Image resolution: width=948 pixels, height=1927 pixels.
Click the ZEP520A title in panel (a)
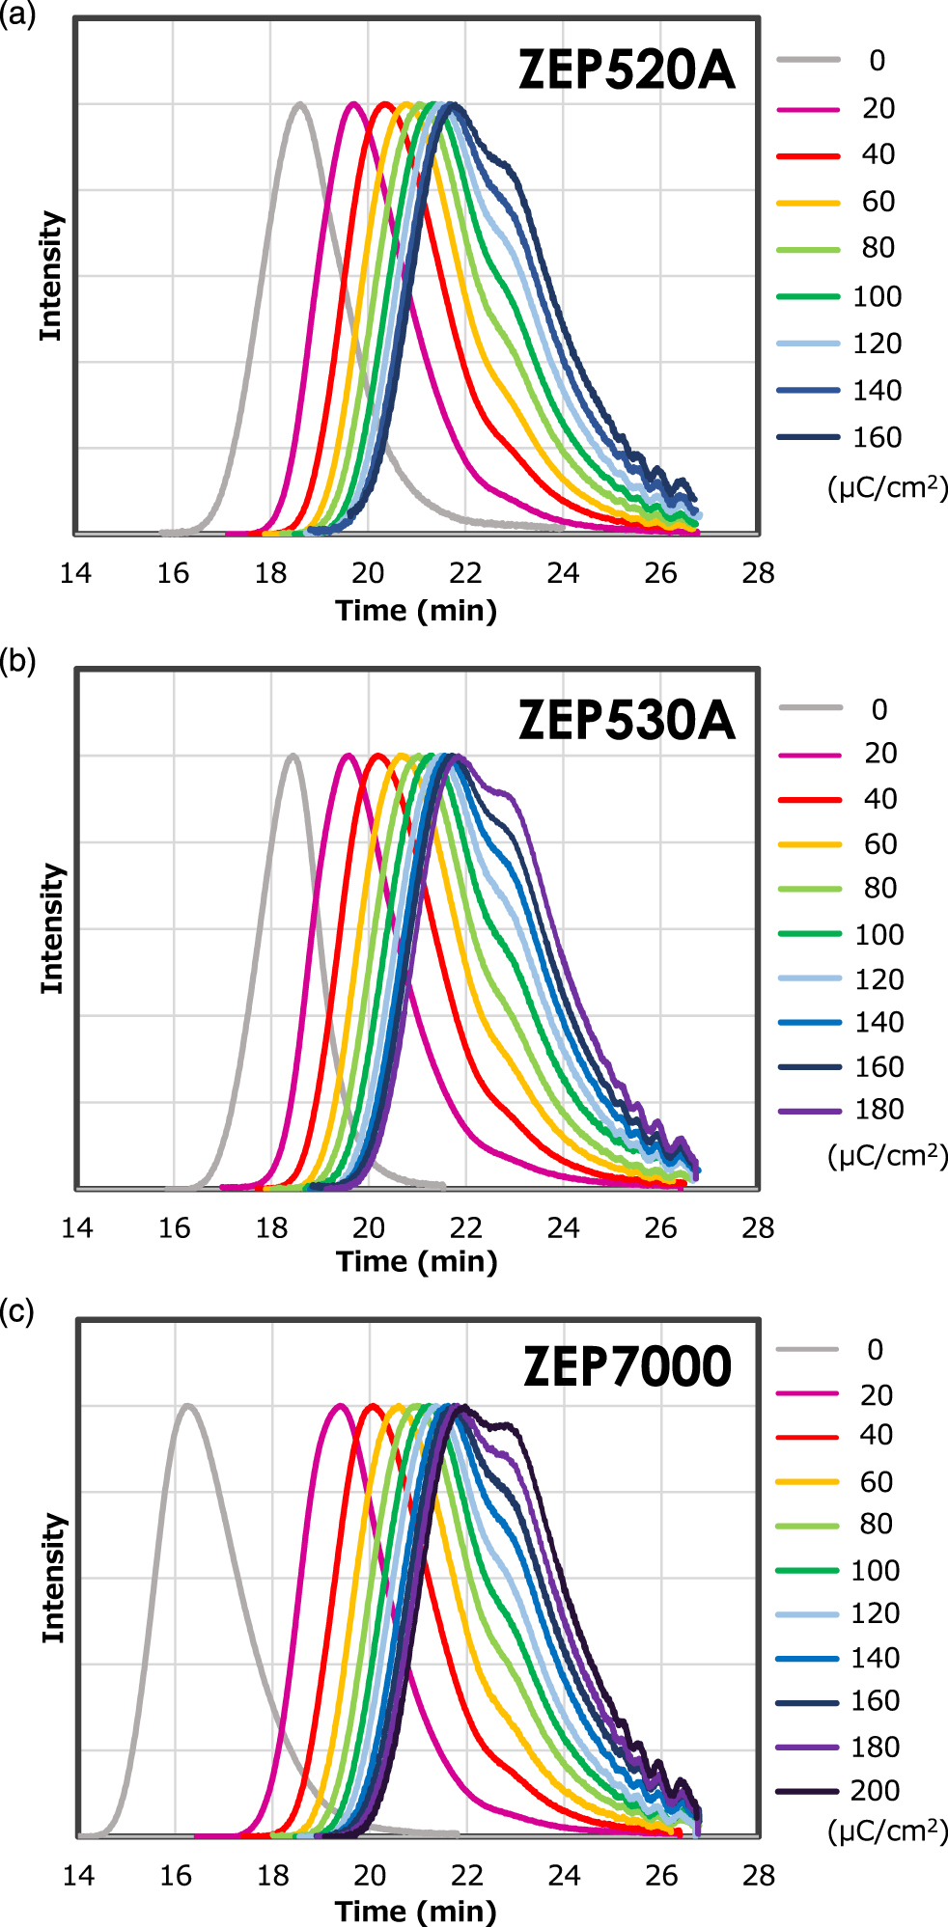pyautogui.click(x=627, y=69)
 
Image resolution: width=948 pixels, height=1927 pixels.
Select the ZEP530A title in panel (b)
pyautogui.click(x=627, y=720)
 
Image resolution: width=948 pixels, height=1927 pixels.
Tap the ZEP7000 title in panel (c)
pyautogui.click(x=627, y=1366)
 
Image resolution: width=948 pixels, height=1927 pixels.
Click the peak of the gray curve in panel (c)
pyautogui.click(x=188, y=1406)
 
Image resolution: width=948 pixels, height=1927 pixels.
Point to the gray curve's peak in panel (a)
pyautogui.click(x=300, y=103)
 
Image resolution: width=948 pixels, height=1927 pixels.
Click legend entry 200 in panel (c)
pyautogui.click(x=875, y=1791)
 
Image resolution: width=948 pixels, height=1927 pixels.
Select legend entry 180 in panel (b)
pyautogui.click(x=878, y=1110)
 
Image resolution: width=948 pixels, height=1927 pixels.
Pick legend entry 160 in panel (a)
pyautogui.click(x=877, y=437)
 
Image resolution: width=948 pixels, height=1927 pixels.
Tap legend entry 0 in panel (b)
pyautogui.click(x=878, y=709)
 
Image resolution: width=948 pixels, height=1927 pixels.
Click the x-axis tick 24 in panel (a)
pyautogui.click(x=563, y=573)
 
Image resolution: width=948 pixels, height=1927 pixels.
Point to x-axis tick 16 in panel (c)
pyautogui.click(x=176, y=1875)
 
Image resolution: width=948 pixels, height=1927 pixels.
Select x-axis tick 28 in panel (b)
pyautogui.click(x=758, y=1227)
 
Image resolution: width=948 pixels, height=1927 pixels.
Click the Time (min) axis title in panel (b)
pyautogui.click(x=416, y=1261)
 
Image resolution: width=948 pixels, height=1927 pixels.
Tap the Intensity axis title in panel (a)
pyautogui.click(x=50, y=276)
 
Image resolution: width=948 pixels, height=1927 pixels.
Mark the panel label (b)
pyautogui.click(x=18, y=661)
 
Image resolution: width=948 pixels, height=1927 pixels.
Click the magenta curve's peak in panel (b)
pyautogui.click(x=348, y=756)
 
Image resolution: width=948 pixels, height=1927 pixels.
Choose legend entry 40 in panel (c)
pyautogui.click(x=876, y=1435)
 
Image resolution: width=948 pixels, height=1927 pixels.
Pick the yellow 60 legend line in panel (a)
pyautogui.click(x=808, y=203)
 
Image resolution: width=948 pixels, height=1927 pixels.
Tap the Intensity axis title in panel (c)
pyautogui.click(x=54, y=1578)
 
